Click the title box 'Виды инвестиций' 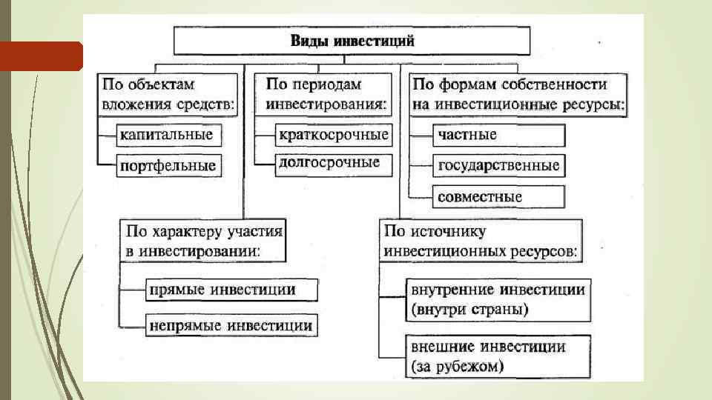click(352, 40)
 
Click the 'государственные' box click(498, 165)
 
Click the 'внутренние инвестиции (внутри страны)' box click(498, 299)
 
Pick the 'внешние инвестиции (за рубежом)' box click(498, 356)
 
